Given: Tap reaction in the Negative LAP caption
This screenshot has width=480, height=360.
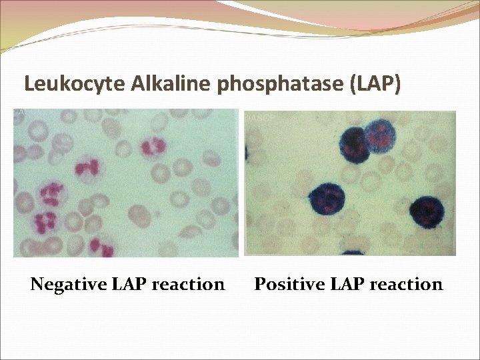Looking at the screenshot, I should tap(188, 285).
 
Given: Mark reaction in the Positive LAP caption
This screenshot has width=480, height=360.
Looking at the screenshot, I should tap(406, 285).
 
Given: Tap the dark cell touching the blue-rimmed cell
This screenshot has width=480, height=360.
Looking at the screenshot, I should tap(355, 143).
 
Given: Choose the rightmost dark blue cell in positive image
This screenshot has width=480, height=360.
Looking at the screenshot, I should tap(426, 212).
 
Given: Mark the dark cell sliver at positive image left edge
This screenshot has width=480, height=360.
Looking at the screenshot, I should tap(247, 153).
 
